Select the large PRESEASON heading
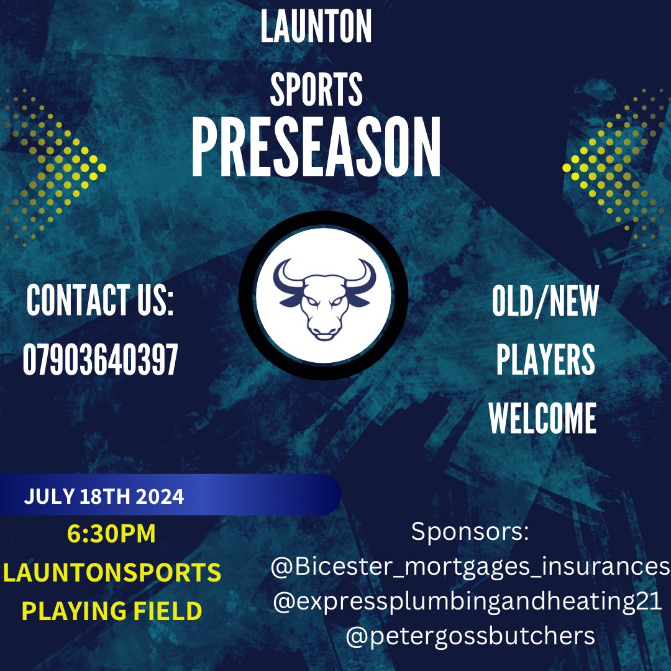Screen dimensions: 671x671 [x=316, y=148]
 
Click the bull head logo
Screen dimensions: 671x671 [x=324, y=297]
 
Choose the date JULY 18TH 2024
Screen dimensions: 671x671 [x=104, y=497]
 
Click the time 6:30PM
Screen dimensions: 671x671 [x=111, y=534]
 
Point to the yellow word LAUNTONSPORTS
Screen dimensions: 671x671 [x=112, y=572]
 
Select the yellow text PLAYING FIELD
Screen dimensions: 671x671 [x=112, y=611]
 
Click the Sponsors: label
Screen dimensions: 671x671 [x=470, y=532]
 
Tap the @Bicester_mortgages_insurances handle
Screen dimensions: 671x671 [x=470, y=567]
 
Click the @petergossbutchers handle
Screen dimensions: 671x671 [x=470, y=636]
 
